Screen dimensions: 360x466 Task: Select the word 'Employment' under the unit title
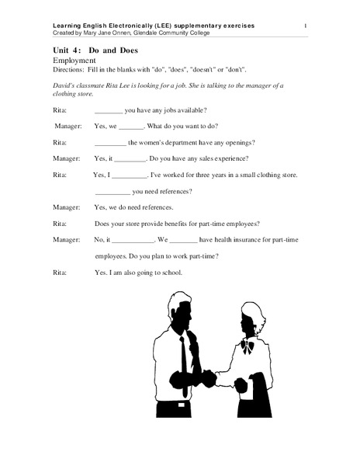coord(72,59)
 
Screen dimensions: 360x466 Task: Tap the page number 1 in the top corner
coord(306,26)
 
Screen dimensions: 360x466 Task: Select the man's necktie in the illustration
coord(184,349)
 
